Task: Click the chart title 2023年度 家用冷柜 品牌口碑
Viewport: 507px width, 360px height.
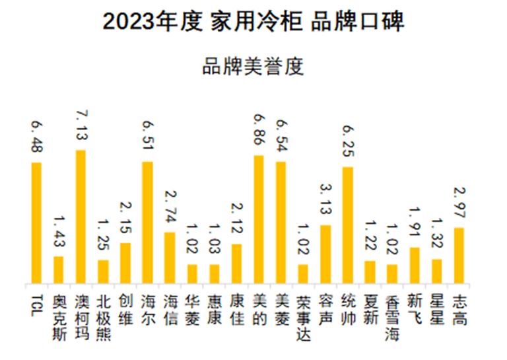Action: point(253,22)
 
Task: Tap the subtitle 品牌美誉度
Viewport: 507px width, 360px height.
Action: point(253,67)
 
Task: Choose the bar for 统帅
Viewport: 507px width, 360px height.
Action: point(348,225)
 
